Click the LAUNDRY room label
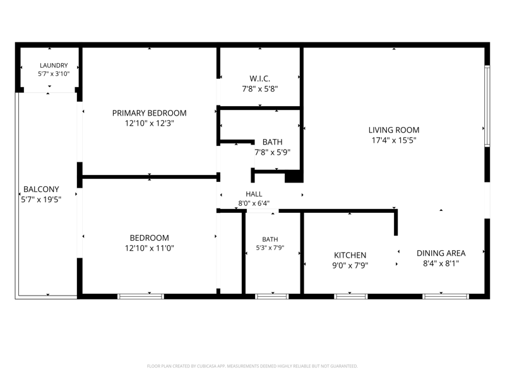pos(54,66)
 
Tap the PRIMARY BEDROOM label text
pos(150,113)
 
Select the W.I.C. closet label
pos(260,78)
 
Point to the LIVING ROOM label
pos(394,130)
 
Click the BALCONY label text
pos(41,189)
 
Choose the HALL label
pos(254,194)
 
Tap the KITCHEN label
pos(350,255)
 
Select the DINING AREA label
pos(441,253)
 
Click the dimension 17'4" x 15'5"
pos(394,140)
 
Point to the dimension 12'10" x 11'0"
pos(150,248)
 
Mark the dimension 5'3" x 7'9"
pos(270,248)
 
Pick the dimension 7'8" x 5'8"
pos(260,89)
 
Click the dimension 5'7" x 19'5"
pos(41,200)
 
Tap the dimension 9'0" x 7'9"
pos(350,265)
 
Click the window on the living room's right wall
pos(487,106)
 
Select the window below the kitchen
pos(351,296)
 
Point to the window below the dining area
pos(446,296)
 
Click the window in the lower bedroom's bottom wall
pos(141,296)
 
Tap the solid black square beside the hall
pos(294,177)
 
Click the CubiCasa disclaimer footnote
pos(252,366)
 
